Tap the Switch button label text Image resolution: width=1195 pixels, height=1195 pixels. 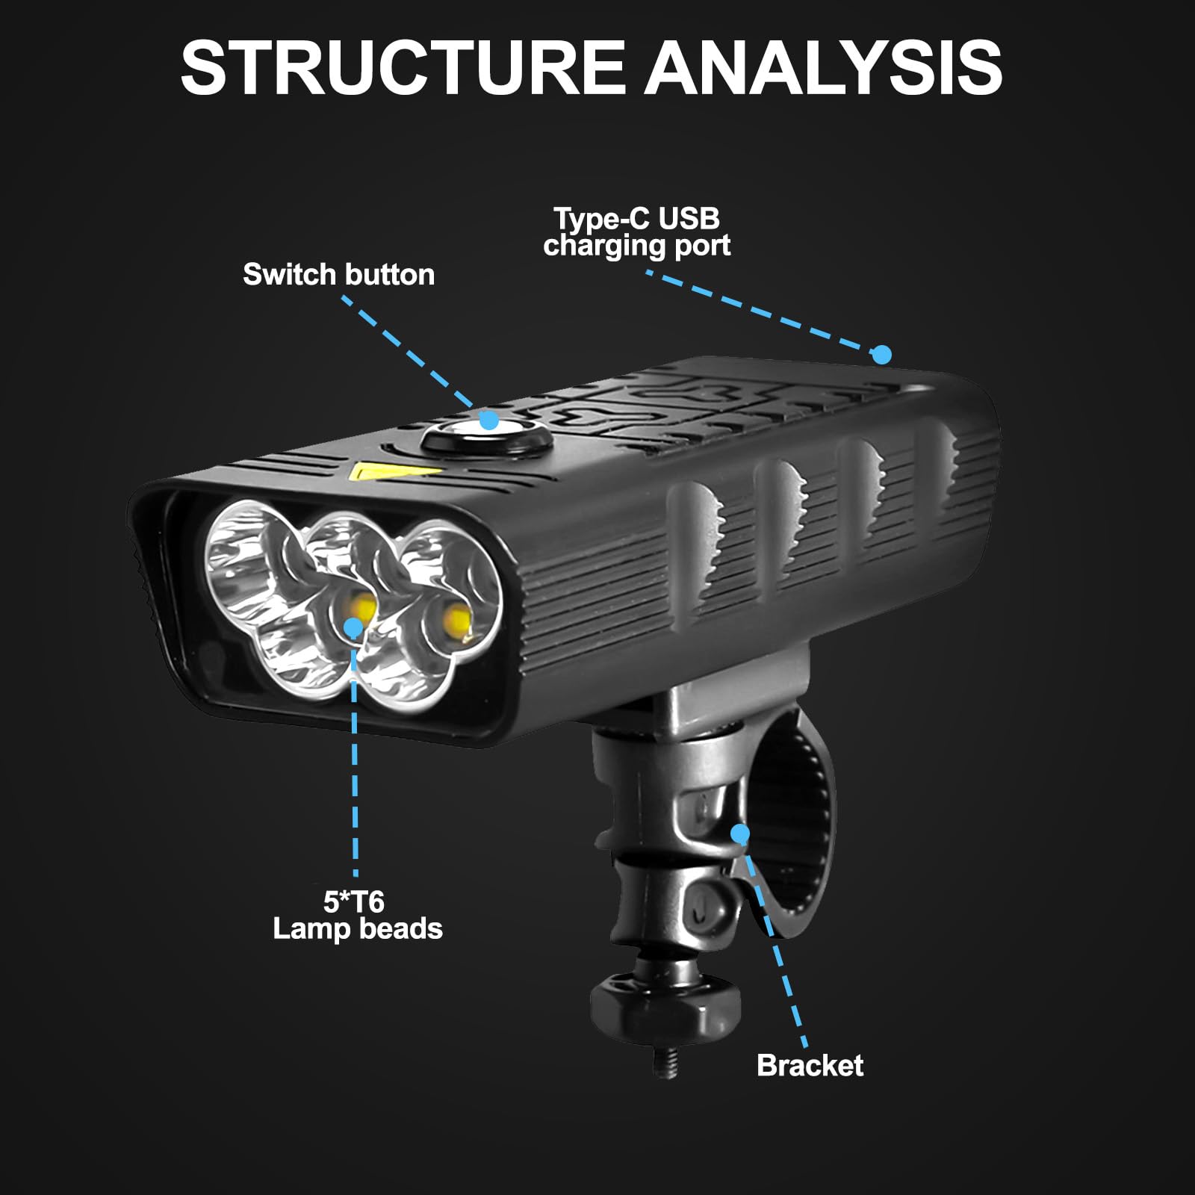coord(338,275)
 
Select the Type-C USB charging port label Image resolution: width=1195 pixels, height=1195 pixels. coord(636,232)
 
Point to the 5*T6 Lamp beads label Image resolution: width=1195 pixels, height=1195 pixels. coord(357,916)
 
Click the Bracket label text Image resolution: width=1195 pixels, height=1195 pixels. coord(810,1065)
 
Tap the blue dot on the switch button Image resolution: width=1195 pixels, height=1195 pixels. coord(489,420)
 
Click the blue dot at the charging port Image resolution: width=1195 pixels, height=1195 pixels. coord(882,354)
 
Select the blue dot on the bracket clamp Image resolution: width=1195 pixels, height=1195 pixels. coord(739,833)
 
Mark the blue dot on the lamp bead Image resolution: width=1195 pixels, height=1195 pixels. coord(353,627)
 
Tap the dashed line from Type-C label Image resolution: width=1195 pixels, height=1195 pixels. coord(762,312)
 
